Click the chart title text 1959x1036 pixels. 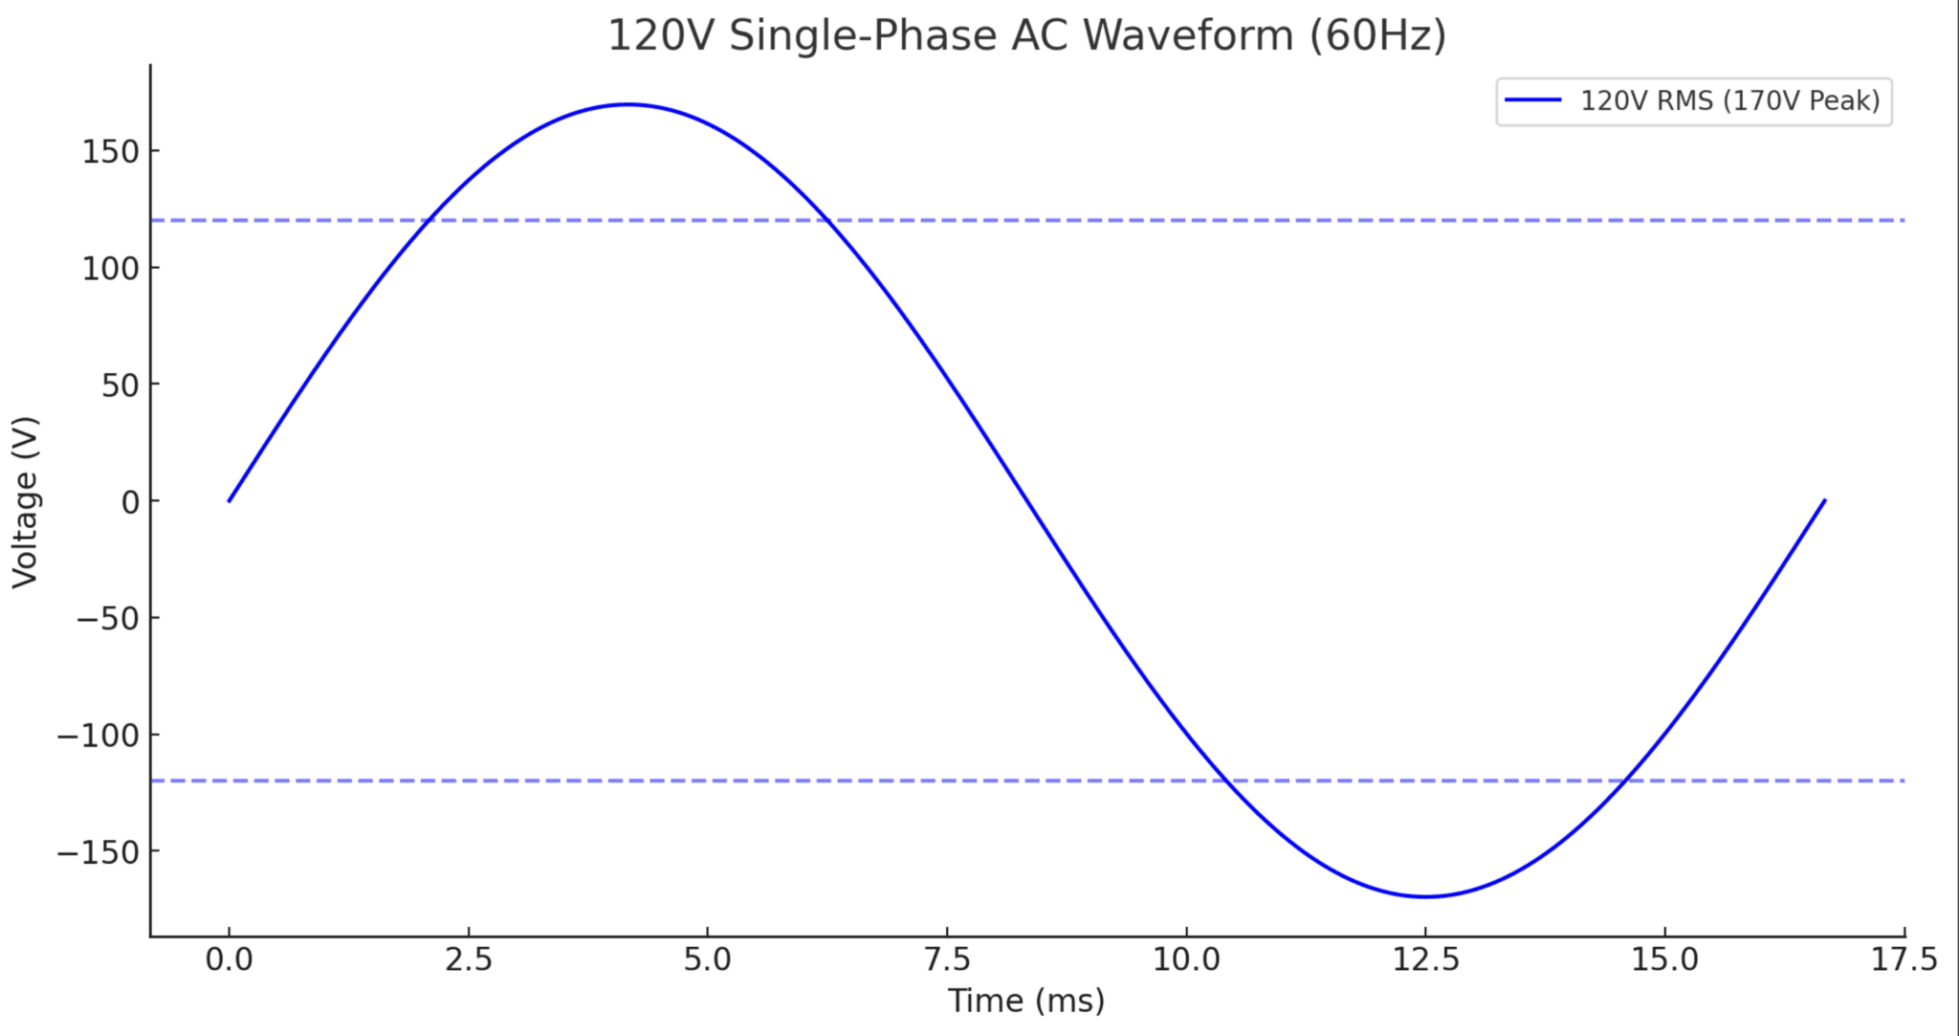(1026, 36)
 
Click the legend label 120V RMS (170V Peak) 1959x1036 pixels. (1729, 100)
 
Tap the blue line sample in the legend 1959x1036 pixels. (1533, 100)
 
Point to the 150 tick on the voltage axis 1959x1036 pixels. (110, 151)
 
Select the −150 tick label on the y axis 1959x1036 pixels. (98, 851)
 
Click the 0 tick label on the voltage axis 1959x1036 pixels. (130, 501)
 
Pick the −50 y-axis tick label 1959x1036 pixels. (107, 618)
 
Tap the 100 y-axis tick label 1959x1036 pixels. (110, 268)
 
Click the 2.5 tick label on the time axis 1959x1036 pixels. (469, 959)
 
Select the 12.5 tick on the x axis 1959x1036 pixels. (1425, 959)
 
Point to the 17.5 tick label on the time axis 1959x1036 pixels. (1904, 959)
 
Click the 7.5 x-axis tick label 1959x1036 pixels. (947, 959)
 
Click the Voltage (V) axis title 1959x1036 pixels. (25, 501)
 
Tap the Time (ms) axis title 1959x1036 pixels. (1026, 1002)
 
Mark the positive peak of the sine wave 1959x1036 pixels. (627, 104)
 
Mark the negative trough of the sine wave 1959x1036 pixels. (1425, 896)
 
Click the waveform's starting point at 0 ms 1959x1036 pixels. (230, 500)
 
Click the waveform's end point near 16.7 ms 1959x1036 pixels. (1824, 500)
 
